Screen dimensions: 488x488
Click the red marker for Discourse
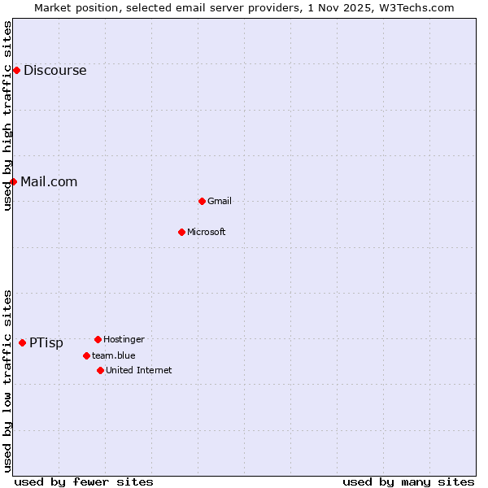pyautogui.click(x=16, y=71)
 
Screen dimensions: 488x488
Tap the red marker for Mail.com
pyautogui.click(x=13, y=181)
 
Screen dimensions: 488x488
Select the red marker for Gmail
pyautogui.click(x=202, y=201)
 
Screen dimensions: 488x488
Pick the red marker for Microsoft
pyautogui.click(x=181, y=232)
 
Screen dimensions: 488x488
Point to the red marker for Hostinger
pyautogui.click(x=98, y=339)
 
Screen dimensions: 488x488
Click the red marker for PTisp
pyautogui.click(x=22, y=343)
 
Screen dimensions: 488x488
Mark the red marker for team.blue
pyautogui.click(x=86, y=355)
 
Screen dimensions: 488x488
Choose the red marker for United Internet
pyautogui.click(x=100, y=370)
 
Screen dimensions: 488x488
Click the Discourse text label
pyautogui.click(x=54, y=71)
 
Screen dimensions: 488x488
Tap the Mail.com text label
pyautogui.click(x=49, y=182)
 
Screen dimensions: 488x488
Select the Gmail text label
pyautogui.click(x=220, y=202)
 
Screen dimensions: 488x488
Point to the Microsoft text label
pyautogui.click(x=207, y=233)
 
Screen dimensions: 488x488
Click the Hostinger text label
pyautogui.click(x=124, y=339)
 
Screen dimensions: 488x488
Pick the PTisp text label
pyautogui.click(x=46, y=343)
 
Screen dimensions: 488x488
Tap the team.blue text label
pyautogui.click(x=114, y=355)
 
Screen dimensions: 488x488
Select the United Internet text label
pyautogui.click(x=139, y=371)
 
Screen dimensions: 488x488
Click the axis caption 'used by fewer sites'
pyautogui.click(x=84, y=482)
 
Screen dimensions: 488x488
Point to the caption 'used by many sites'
pyautogui.click(x=408, y=482)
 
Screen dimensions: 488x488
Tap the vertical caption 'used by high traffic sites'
pyautogui.click(x=7, y=116)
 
